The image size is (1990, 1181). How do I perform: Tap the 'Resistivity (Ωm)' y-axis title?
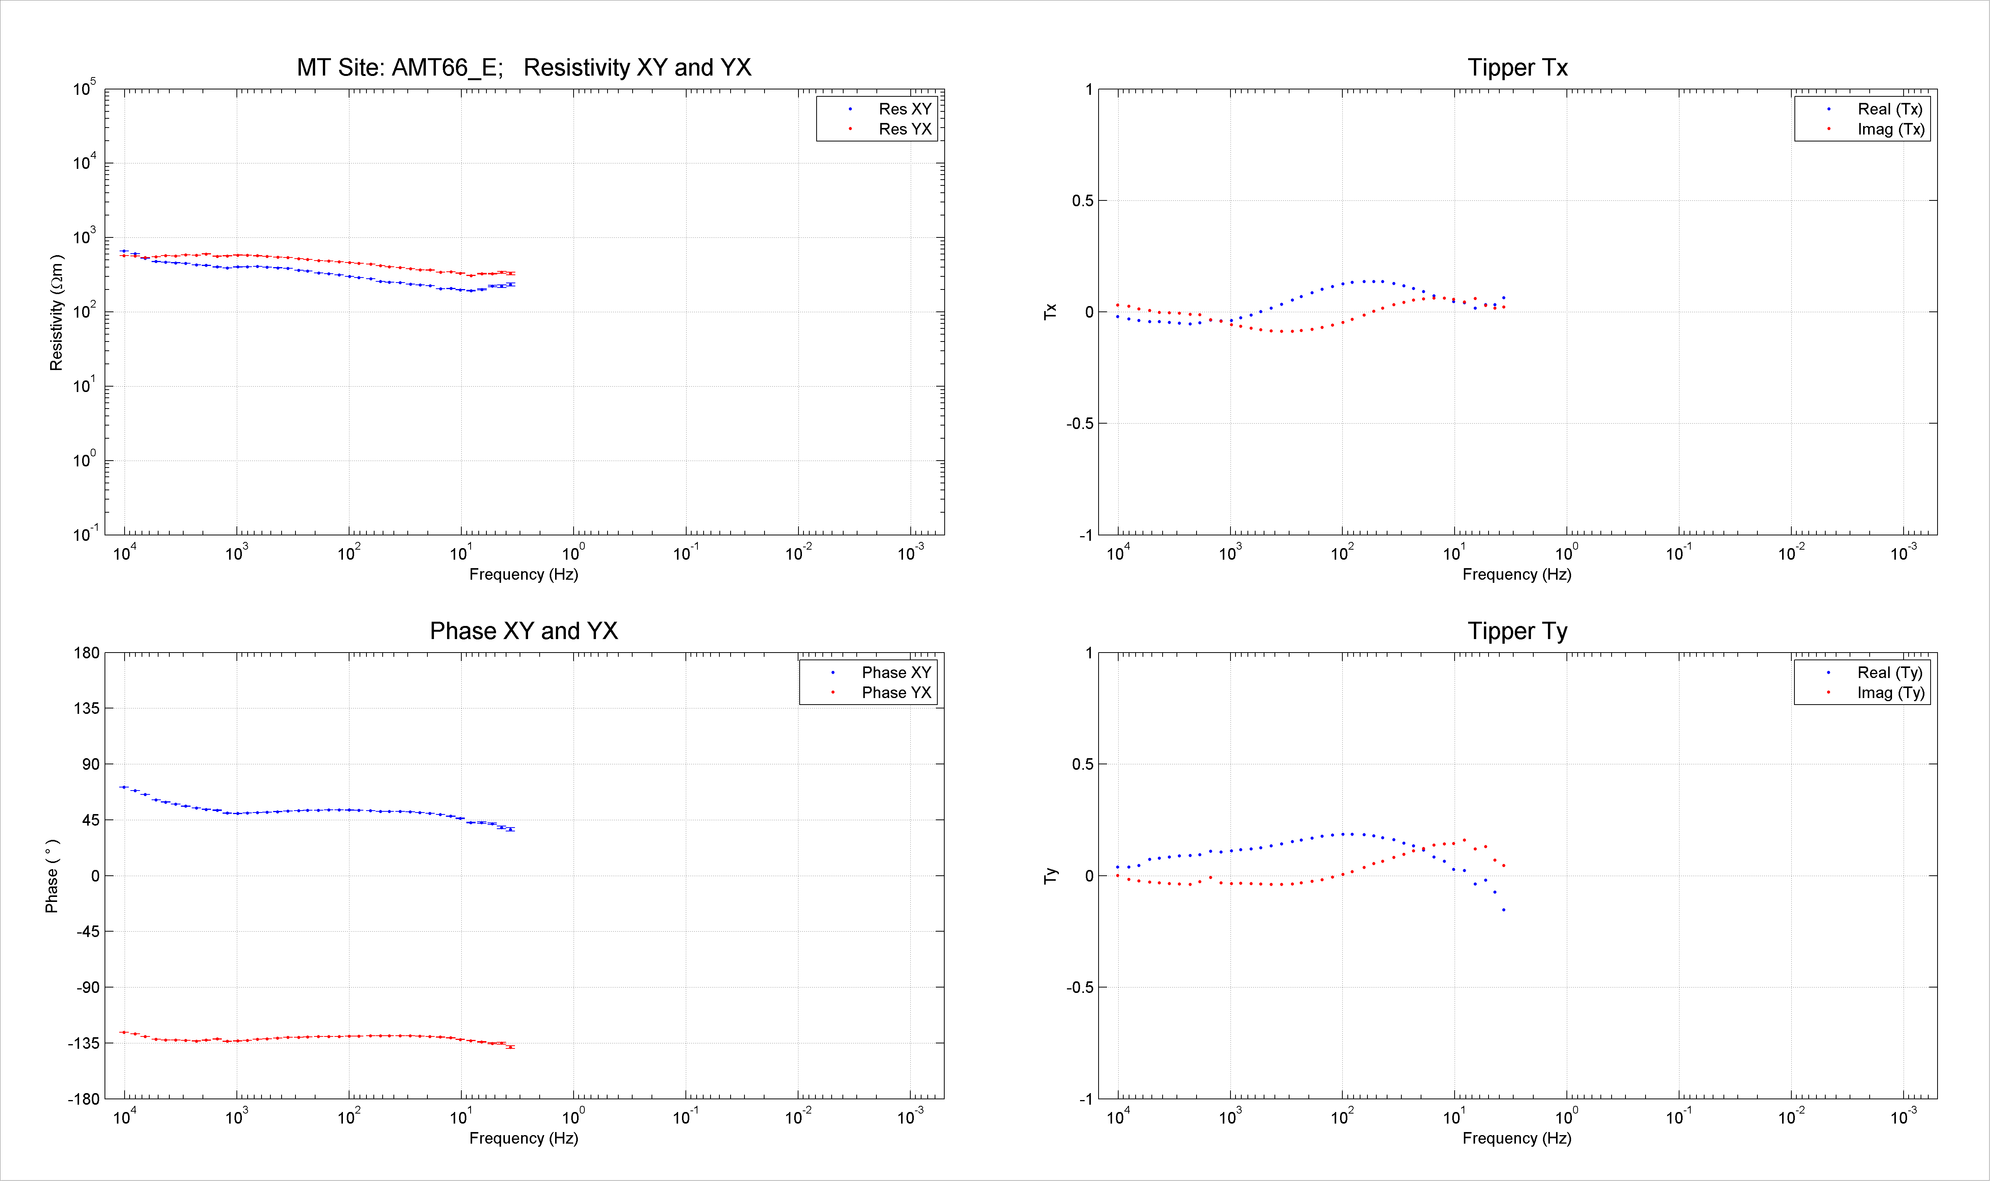point(56,313)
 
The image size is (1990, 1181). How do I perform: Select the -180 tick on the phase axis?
point(84,1099)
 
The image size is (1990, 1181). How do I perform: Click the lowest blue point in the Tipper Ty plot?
point(1504,910)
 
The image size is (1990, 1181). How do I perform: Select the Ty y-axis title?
point(1050,875)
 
